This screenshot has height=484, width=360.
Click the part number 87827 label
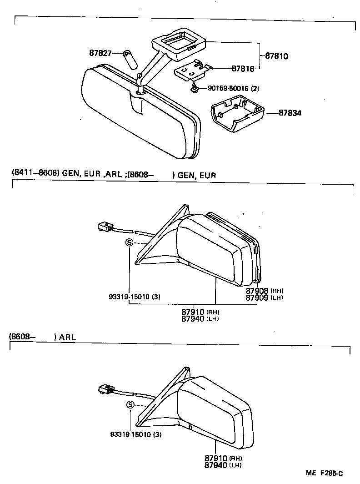pyautogui.click(x=100, y=53)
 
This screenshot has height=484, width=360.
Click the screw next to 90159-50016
pyautogui.click(x=195, y=89)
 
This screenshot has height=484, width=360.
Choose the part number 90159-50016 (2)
pyautogui.click(x=233, y=88)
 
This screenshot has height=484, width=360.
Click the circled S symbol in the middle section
pyautogui.click(x=129, y=242)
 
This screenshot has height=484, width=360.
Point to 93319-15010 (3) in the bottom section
pyautogui.click(x=135, y=434)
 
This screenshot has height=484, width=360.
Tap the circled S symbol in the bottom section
pyautogui.click(x=130, y=405)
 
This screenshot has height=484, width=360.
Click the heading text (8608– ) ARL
pyautogui.click(x=42, y=337)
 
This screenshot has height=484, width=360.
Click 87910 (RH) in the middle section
pyautogui.click(x=200, y=312)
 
